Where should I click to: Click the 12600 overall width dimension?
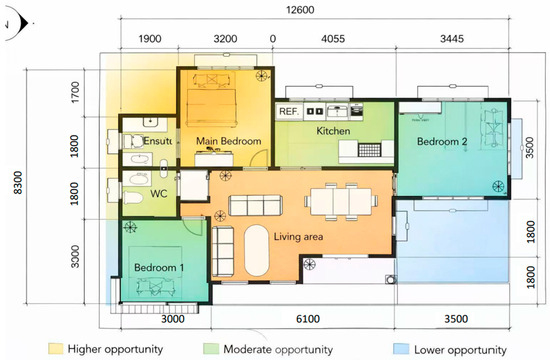300,10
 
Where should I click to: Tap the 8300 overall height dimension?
18,182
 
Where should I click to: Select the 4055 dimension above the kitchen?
333,39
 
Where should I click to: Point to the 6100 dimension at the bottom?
308,319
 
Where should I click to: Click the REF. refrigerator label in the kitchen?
289,112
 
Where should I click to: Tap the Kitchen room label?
333,131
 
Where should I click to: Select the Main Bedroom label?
228,141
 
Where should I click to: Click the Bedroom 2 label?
442,141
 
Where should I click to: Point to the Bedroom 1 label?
159,267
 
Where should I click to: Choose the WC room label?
159,194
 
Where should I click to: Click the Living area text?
298,237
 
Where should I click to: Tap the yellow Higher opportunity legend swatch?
56,349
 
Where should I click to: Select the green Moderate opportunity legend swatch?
211,349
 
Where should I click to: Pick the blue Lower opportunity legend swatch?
401,349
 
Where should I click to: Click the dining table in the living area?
341,201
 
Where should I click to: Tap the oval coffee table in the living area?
256,250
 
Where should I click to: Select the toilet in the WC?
133,198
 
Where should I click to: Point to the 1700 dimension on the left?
75,93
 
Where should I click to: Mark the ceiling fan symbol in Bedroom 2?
498,186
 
